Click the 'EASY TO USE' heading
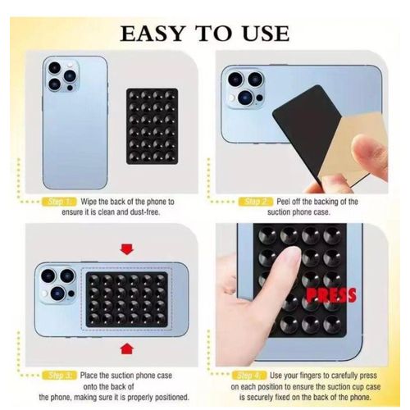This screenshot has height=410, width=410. point(205,34)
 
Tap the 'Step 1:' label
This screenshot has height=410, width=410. point(60,201)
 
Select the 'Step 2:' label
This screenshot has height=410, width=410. point(255,201)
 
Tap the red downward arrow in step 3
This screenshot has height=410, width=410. point(126,248)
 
